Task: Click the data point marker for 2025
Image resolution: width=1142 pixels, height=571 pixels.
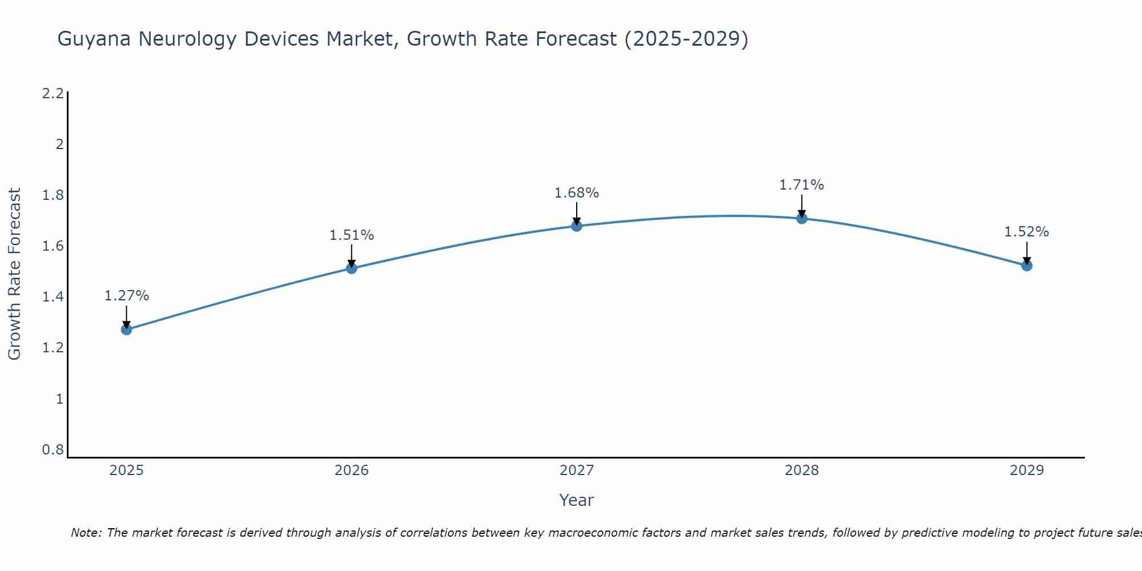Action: tap(126, 329)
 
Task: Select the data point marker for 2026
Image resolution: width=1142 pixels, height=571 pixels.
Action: tap(351, 268)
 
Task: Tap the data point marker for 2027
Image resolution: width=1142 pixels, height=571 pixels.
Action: tap(576, 226)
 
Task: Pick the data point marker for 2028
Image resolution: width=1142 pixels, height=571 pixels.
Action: tap(802, 218)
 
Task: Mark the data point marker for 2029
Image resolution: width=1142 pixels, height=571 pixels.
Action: tap(1027, 266)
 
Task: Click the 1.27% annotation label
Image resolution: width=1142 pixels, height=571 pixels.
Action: tap(126, 296)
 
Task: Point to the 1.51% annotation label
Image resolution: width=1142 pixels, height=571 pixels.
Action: tap(351, 235)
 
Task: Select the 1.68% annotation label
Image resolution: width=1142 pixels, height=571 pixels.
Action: tap(576, 193)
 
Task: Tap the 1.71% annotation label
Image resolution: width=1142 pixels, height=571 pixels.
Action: tap(802, 185)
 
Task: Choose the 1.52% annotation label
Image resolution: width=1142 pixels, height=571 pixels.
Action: tap(1027, 232)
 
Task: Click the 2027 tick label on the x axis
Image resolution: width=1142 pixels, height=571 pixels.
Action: tap(576, 471)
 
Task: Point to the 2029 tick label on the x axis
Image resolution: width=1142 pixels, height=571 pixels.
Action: tap(1027, 471)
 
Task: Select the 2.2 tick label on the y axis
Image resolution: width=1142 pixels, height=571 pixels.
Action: tap(53, 94)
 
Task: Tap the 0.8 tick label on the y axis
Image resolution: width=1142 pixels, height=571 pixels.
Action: tap(53, 450)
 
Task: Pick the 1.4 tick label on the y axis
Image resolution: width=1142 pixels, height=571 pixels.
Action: tap(53, 297)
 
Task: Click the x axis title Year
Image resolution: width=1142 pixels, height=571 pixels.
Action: tap(576, 500)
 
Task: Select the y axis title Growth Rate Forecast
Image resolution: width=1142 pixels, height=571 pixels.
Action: tap(15, 274)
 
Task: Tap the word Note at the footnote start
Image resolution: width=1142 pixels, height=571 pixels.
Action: tap(85, 533)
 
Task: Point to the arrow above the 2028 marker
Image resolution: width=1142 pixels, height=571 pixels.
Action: tap(802, 206)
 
